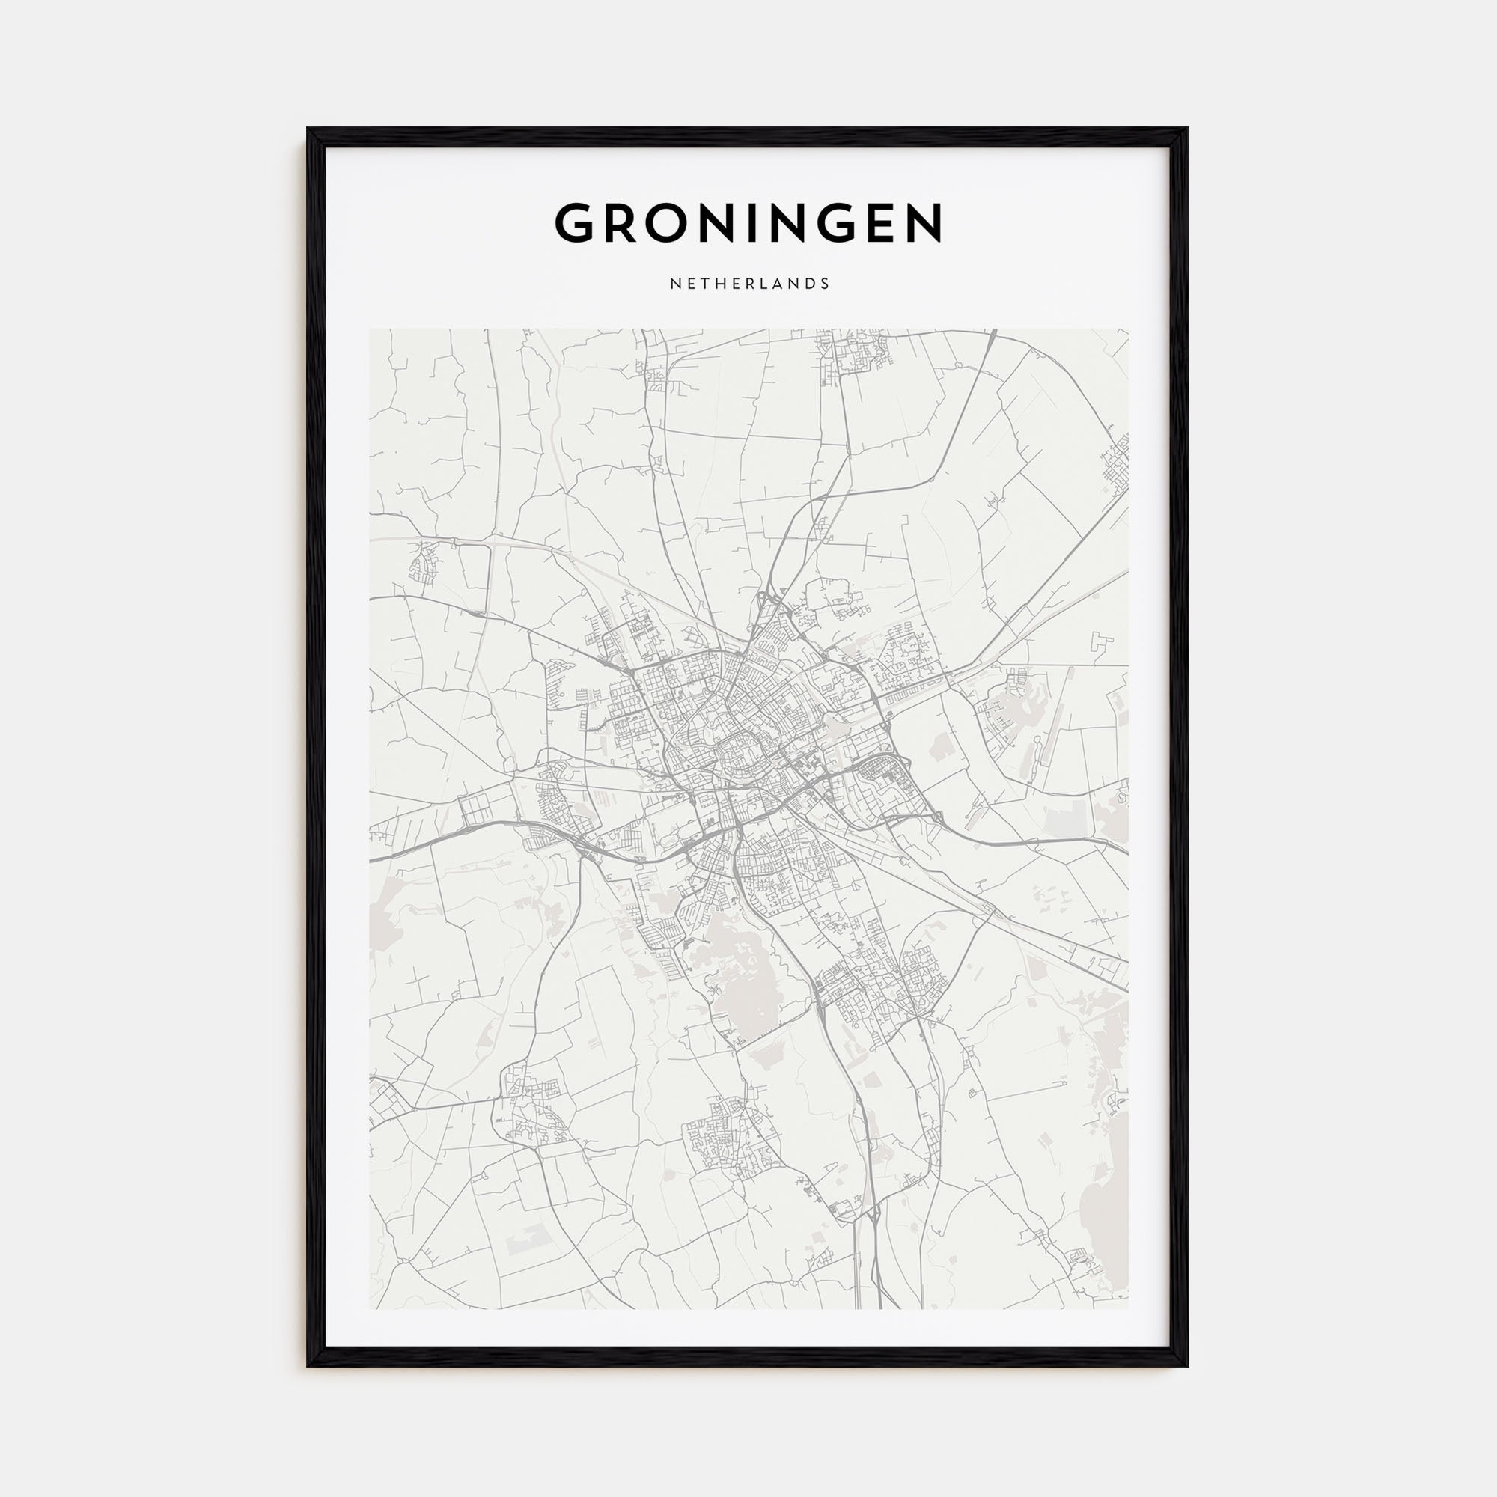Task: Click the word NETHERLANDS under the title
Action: coord(748,284)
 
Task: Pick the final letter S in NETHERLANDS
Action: coord(826,284)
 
